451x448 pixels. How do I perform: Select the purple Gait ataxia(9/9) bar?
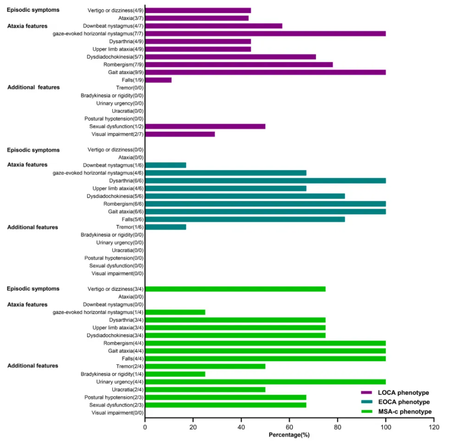(x=265, y=72)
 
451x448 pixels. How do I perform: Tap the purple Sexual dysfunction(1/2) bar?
(x=205, y=127)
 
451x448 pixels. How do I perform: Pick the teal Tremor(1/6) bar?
(x=165, y=227)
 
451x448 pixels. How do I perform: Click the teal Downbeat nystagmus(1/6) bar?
(x=165, y=165)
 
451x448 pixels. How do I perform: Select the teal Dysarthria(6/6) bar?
(x=265, y=181)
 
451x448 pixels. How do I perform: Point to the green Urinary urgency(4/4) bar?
(x=265, y=382)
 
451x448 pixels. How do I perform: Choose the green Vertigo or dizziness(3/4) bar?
(x=235, y=289)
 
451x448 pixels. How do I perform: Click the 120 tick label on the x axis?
(x=434, y=428)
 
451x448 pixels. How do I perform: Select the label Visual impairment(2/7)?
(x=118, y=134)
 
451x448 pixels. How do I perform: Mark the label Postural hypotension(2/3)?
(x=114, y=398)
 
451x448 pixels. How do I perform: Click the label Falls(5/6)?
(x=132, y=219)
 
